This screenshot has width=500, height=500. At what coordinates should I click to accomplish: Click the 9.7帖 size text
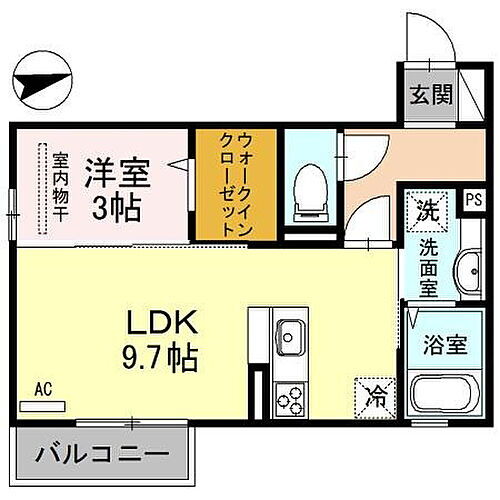click(x=160, y=357)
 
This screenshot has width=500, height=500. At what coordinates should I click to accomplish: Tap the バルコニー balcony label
click(x=102, y=456)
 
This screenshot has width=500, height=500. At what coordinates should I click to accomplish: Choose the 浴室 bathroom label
click(x=443, y=345)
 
